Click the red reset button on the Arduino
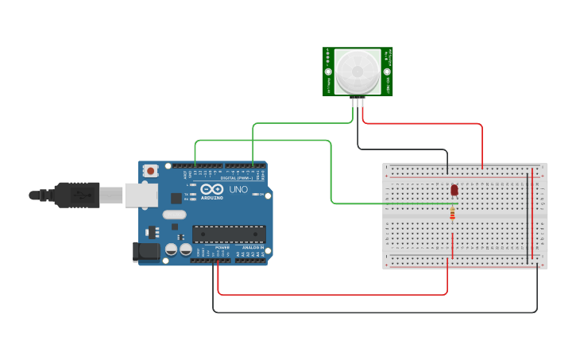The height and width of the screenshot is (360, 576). (x=150, y=170)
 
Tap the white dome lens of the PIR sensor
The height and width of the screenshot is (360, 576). (x=357, y=72)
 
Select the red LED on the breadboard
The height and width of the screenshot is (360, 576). (x=454, y=190)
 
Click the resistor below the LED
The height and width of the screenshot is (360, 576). (x=453, y=212)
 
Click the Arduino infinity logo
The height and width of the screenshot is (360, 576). (x=212, y=191)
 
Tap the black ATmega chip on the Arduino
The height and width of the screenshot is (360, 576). (x=229, y=234)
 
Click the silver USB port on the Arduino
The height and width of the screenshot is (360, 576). (x=141, y=194)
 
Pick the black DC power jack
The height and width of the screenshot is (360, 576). (x=146, y=252)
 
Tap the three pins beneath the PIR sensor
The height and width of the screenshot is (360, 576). (x=358, y=101)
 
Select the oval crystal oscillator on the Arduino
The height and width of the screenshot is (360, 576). (x=174, y=214)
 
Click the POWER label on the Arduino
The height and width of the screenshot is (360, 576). (x=222, y=247)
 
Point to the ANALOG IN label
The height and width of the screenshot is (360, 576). (x=252, y=247)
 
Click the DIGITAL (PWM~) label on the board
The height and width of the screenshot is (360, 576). (x=239, y=179)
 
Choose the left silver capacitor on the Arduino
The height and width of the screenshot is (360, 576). (x=171, y=250)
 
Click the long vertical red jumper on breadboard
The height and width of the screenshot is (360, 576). (x=532, y=215)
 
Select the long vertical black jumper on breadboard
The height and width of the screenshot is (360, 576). (x=527, y=215)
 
